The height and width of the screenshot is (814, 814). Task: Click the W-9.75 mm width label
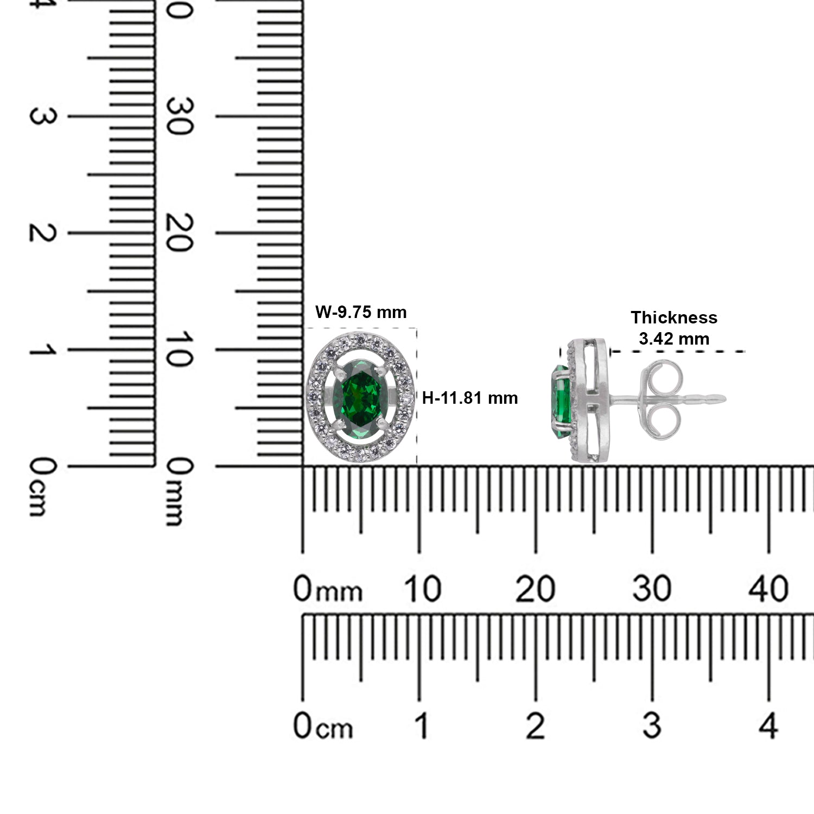pyautogui.click(x=361, y=312)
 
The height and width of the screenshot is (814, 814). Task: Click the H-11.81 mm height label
pyautogui.click(x=470, y=398)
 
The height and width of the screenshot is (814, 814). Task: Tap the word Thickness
pyautogui.click(x=673, y=317)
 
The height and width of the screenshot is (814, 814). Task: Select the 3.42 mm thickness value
pyautogui.click(x=673, y=339)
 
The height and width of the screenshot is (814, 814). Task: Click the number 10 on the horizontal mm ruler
pyautogui.click(x=422, y=589)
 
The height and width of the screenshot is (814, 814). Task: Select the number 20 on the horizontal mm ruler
pyautogui.click(x=535, y=589)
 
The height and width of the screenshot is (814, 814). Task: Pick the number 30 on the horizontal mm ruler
pyautogui.click(x=652, y=589)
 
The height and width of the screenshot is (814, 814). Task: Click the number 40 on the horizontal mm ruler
pyautogui.click(x=768, y=589)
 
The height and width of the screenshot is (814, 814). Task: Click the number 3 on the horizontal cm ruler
pyautogui.click(x=652, y=726)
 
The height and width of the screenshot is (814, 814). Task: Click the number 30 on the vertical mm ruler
pyautogui.click(x=180, y=117)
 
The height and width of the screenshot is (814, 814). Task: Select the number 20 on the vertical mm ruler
pyautogui.click(x=180, y=233)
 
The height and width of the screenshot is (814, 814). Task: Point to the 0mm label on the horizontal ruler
pyautogui.click(x=327, y=590)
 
